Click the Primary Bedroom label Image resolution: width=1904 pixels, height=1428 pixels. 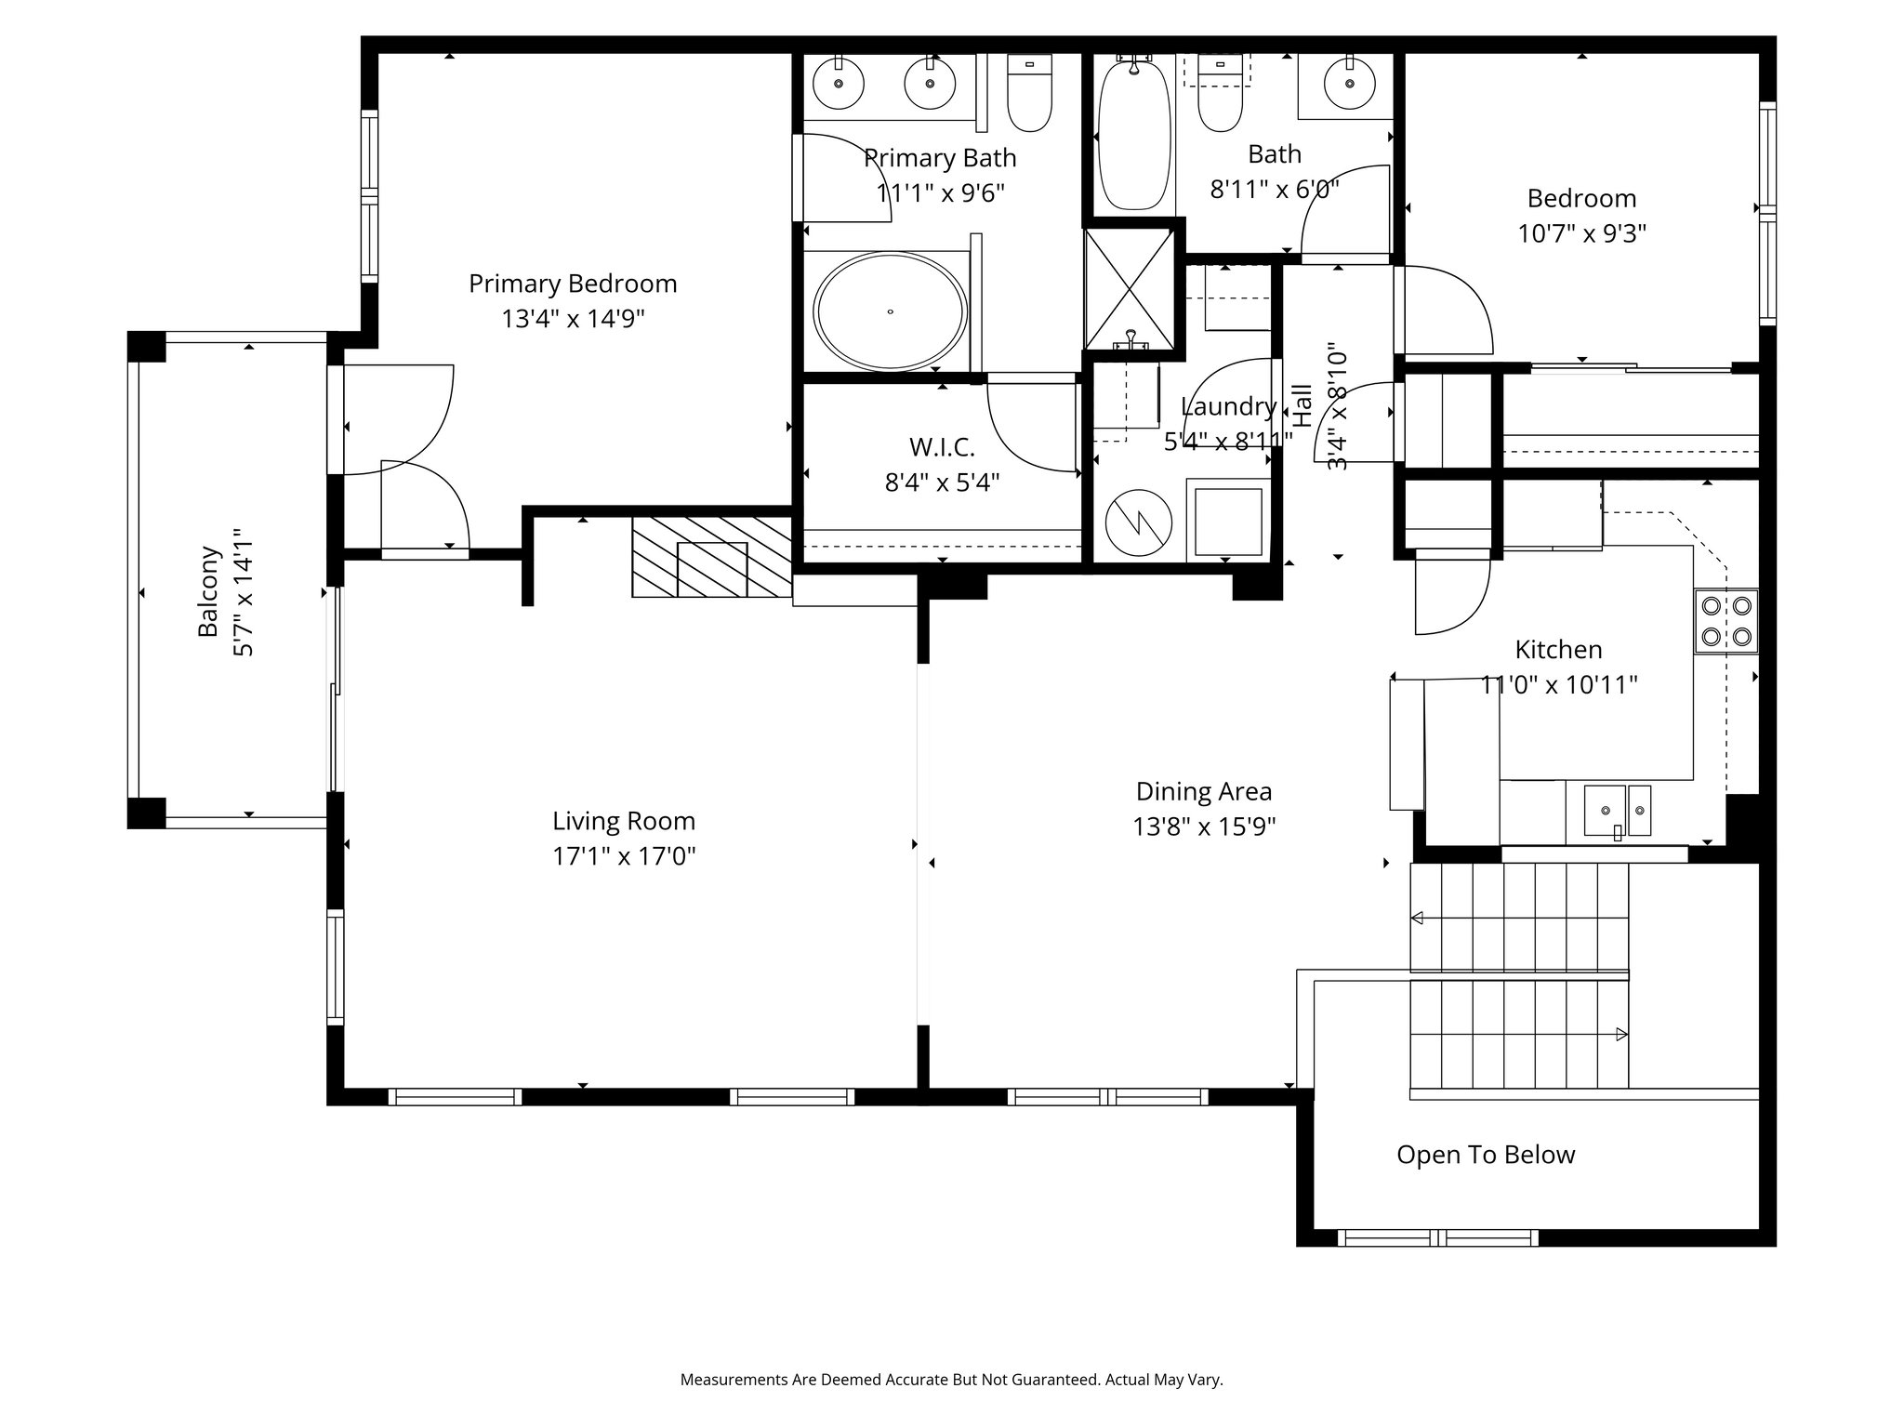tap(573, 284)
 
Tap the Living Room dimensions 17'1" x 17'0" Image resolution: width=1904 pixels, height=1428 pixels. tap(624, 855)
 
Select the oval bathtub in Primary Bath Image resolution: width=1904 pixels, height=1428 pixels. tap(891, 311)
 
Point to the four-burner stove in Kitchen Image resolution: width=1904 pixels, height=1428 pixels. tap(1726, 621)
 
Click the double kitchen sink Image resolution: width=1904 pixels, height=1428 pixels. tap(1618, 812)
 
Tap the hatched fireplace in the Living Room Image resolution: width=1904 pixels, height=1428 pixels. tap(711, 557)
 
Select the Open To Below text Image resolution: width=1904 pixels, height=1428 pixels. tap(1486, 1155)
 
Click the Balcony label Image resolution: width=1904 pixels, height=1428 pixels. tap(209, 591)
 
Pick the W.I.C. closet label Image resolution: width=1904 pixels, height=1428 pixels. tap(942, 447)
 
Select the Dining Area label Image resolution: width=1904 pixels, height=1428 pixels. tap(1204, 791)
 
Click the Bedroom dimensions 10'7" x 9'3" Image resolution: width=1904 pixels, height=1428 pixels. tap(1582, 232)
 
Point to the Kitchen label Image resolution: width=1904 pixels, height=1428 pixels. tap(1558, 649)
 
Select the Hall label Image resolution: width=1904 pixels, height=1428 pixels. tap(1302, 405)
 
